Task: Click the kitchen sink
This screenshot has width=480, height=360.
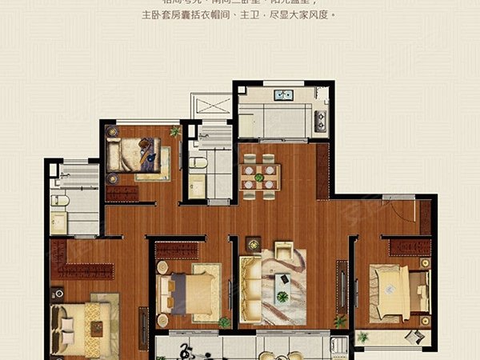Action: click(282, 95)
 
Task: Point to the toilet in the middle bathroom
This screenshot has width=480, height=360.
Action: click(200, 164)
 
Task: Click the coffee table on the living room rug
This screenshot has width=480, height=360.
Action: click(282, 281)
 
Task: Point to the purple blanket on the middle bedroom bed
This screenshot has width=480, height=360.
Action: click(178, 295)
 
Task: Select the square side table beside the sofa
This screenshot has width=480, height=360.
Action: click(253, 242)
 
